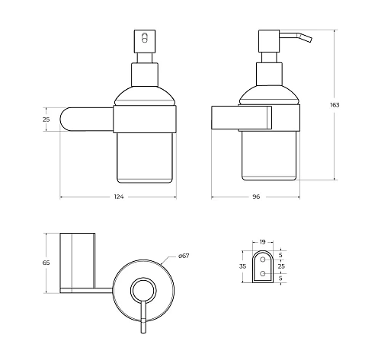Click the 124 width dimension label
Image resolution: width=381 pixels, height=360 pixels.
(118, 196)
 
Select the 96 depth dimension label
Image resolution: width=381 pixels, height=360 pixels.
(256, 196)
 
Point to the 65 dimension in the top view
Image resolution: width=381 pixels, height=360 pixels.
(46, 263)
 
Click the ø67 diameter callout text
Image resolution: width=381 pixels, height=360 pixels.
(184, 256)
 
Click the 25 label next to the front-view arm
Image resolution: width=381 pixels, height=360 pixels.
(46, 120)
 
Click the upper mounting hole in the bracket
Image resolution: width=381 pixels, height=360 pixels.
(262, 258)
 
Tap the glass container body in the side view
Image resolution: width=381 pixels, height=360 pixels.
(270, 156)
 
